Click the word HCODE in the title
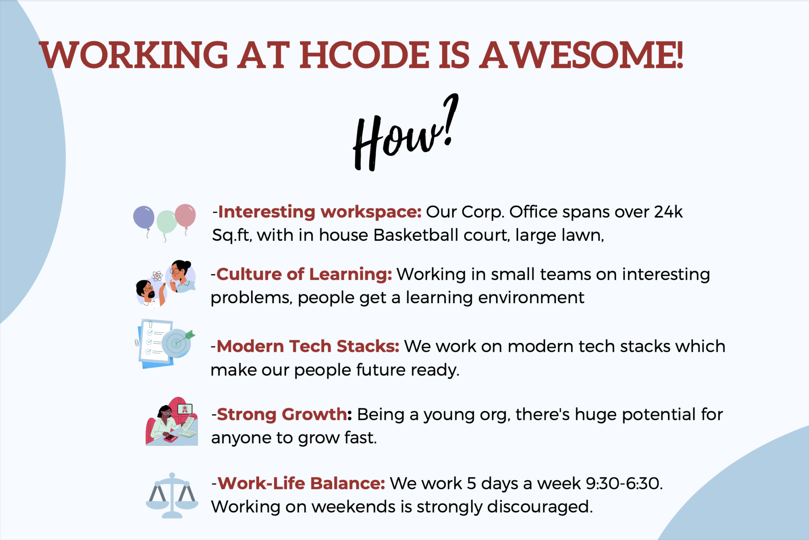(364, 55)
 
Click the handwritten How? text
(405, 134)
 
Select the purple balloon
(144, 217)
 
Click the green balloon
(166, 222)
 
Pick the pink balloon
(185, 215)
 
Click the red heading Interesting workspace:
(320, 212)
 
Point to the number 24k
(668, 212)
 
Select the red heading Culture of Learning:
(304, 274)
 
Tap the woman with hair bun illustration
(181, 276)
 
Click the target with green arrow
(178, 342)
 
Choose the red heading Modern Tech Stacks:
(308, 346)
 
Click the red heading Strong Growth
(282, 414)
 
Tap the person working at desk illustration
(171, 422)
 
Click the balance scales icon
(172, 495)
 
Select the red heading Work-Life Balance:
(301, 483)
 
